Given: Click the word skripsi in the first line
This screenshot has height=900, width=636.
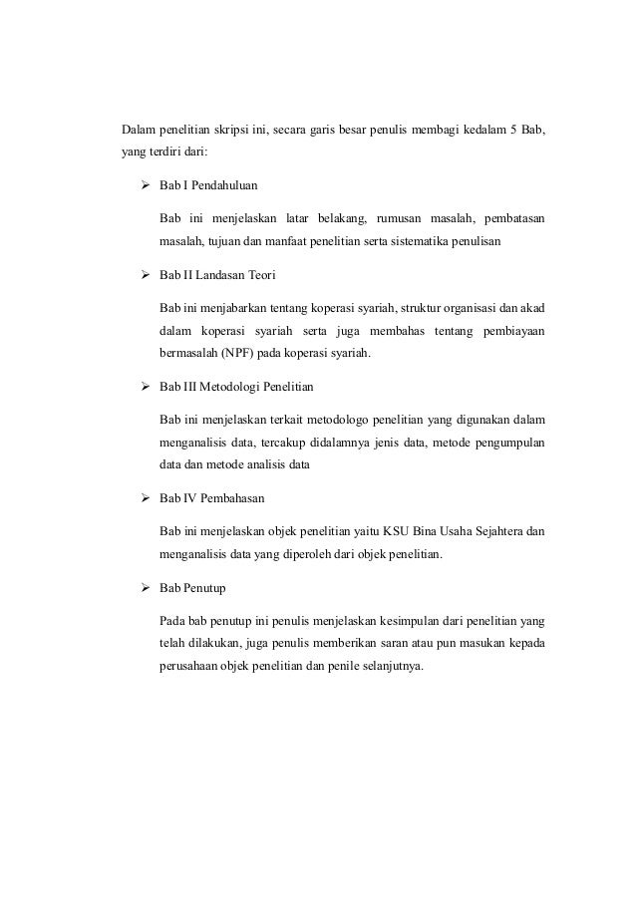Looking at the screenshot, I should pyautogui.click(x=253, y=130).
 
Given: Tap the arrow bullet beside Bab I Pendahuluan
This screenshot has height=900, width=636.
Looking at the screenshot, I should pyautogui.click(x=144, y=184).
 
